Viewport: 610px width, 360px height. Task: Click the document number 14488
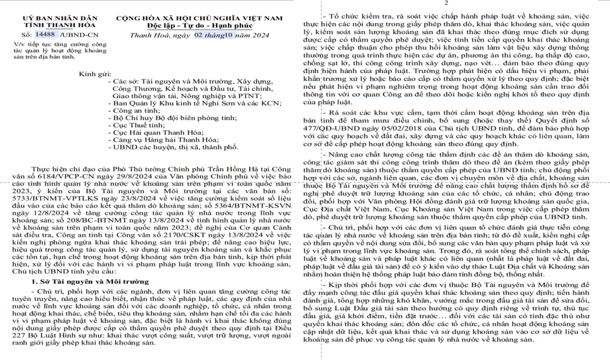tap(45, 33)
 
